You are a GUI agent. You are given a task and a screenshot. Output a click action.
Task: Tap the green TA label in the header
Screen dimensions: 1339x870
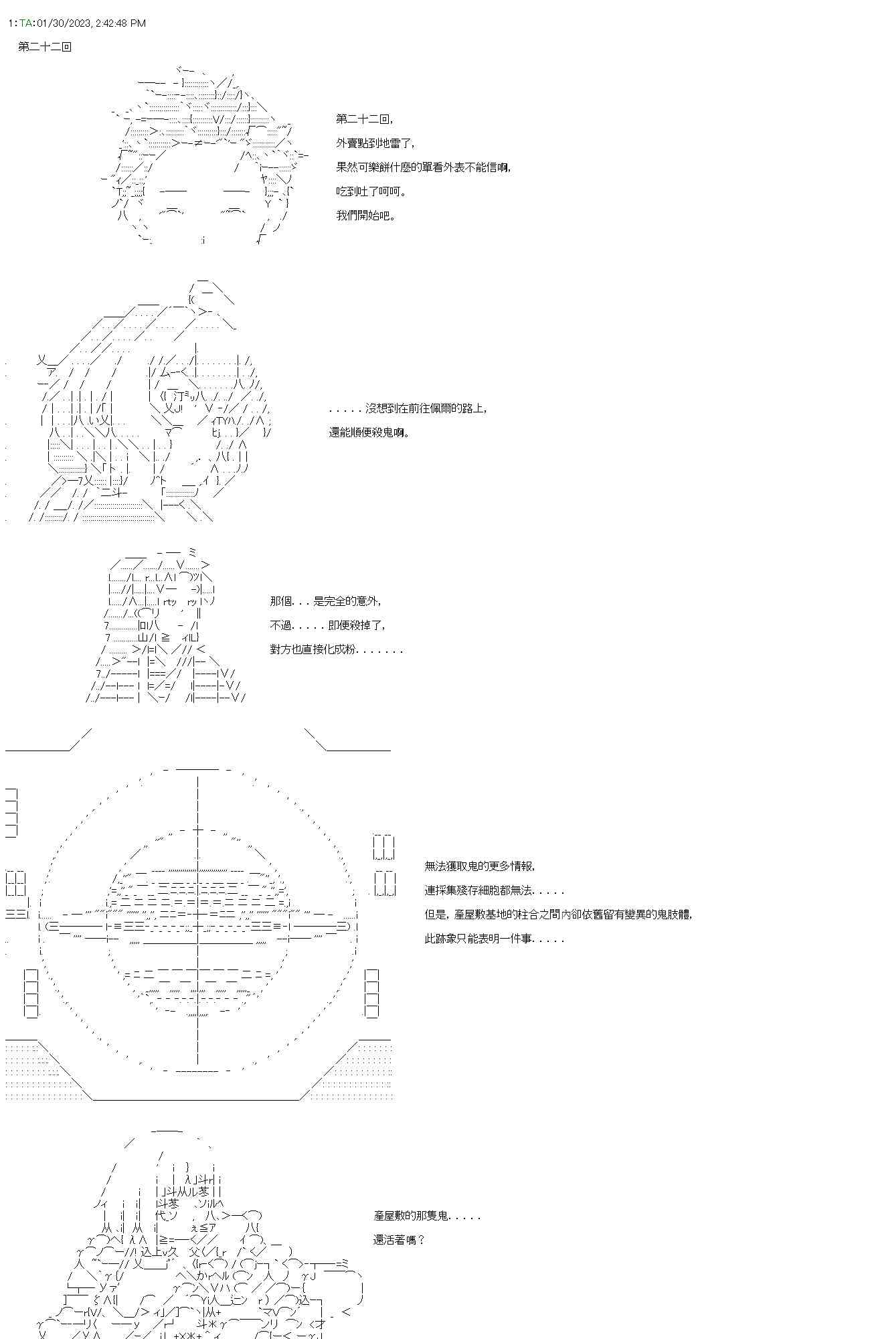(x=25, y=23)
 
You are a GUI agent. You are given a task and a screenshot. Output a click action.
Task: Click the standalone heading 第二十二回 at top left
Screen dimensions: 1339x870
(x=45, y=47)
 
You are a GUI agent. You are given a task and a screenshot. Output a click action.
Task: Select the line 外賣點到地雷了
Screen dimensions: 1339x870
(x=375, y=143)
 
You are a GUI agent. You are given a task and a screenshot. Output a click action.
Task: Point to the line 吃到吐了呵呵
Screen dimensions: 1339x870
(x=371, y=191)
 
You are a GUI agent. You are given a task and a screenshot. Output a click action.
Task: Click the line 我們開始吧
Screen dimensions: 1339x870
(x=365, y=216)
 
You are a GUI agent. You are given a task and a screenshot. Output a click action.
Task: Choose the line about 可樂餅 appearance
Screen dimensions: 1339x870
(x=424, y=167)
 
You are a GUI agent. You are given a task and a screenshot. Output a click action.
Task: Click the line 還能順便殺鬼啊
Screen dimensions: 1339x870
(x=369, y=432)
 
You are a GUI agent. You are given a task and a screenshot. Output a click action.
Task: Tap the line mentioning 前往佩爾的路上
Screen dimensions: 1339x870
(x=408, y=408)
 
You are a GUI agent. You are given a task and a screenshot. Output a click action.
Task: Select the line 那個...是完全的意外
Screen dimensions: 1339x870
(x=326, y=601)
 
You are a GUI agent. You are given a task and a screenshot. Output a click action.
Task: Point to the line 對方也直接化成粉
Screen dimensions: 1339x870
(x=337, y=649)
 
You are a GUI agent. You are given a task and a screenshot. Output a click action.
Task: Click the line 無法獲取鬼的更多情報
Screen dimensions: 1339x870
(x=480, y=866)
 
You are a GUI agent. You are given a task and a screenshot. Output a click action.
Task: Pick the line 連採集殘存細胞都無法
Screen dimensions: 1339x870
(x=494, y=890)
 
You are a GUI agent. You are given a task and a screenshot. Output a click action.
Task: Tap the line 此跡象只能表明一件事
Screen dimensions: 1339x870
(x=494, y=939)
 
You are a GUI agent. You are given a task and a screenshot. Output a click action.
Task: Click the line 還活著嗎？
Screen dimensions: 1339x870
(x=399, y=1240)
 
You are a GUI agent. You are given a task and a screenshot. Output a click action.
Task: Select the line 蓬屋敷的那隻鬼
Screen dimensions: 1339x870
(x=427, y=1216)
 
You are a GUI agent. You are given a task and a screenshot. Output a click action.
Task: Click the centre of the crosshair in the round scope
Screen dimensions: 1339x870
(x=198, y=927)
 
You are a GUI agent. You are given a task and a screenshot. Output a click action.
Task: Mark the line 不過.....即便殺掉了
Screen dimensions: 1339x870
(x=328, y=625)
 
